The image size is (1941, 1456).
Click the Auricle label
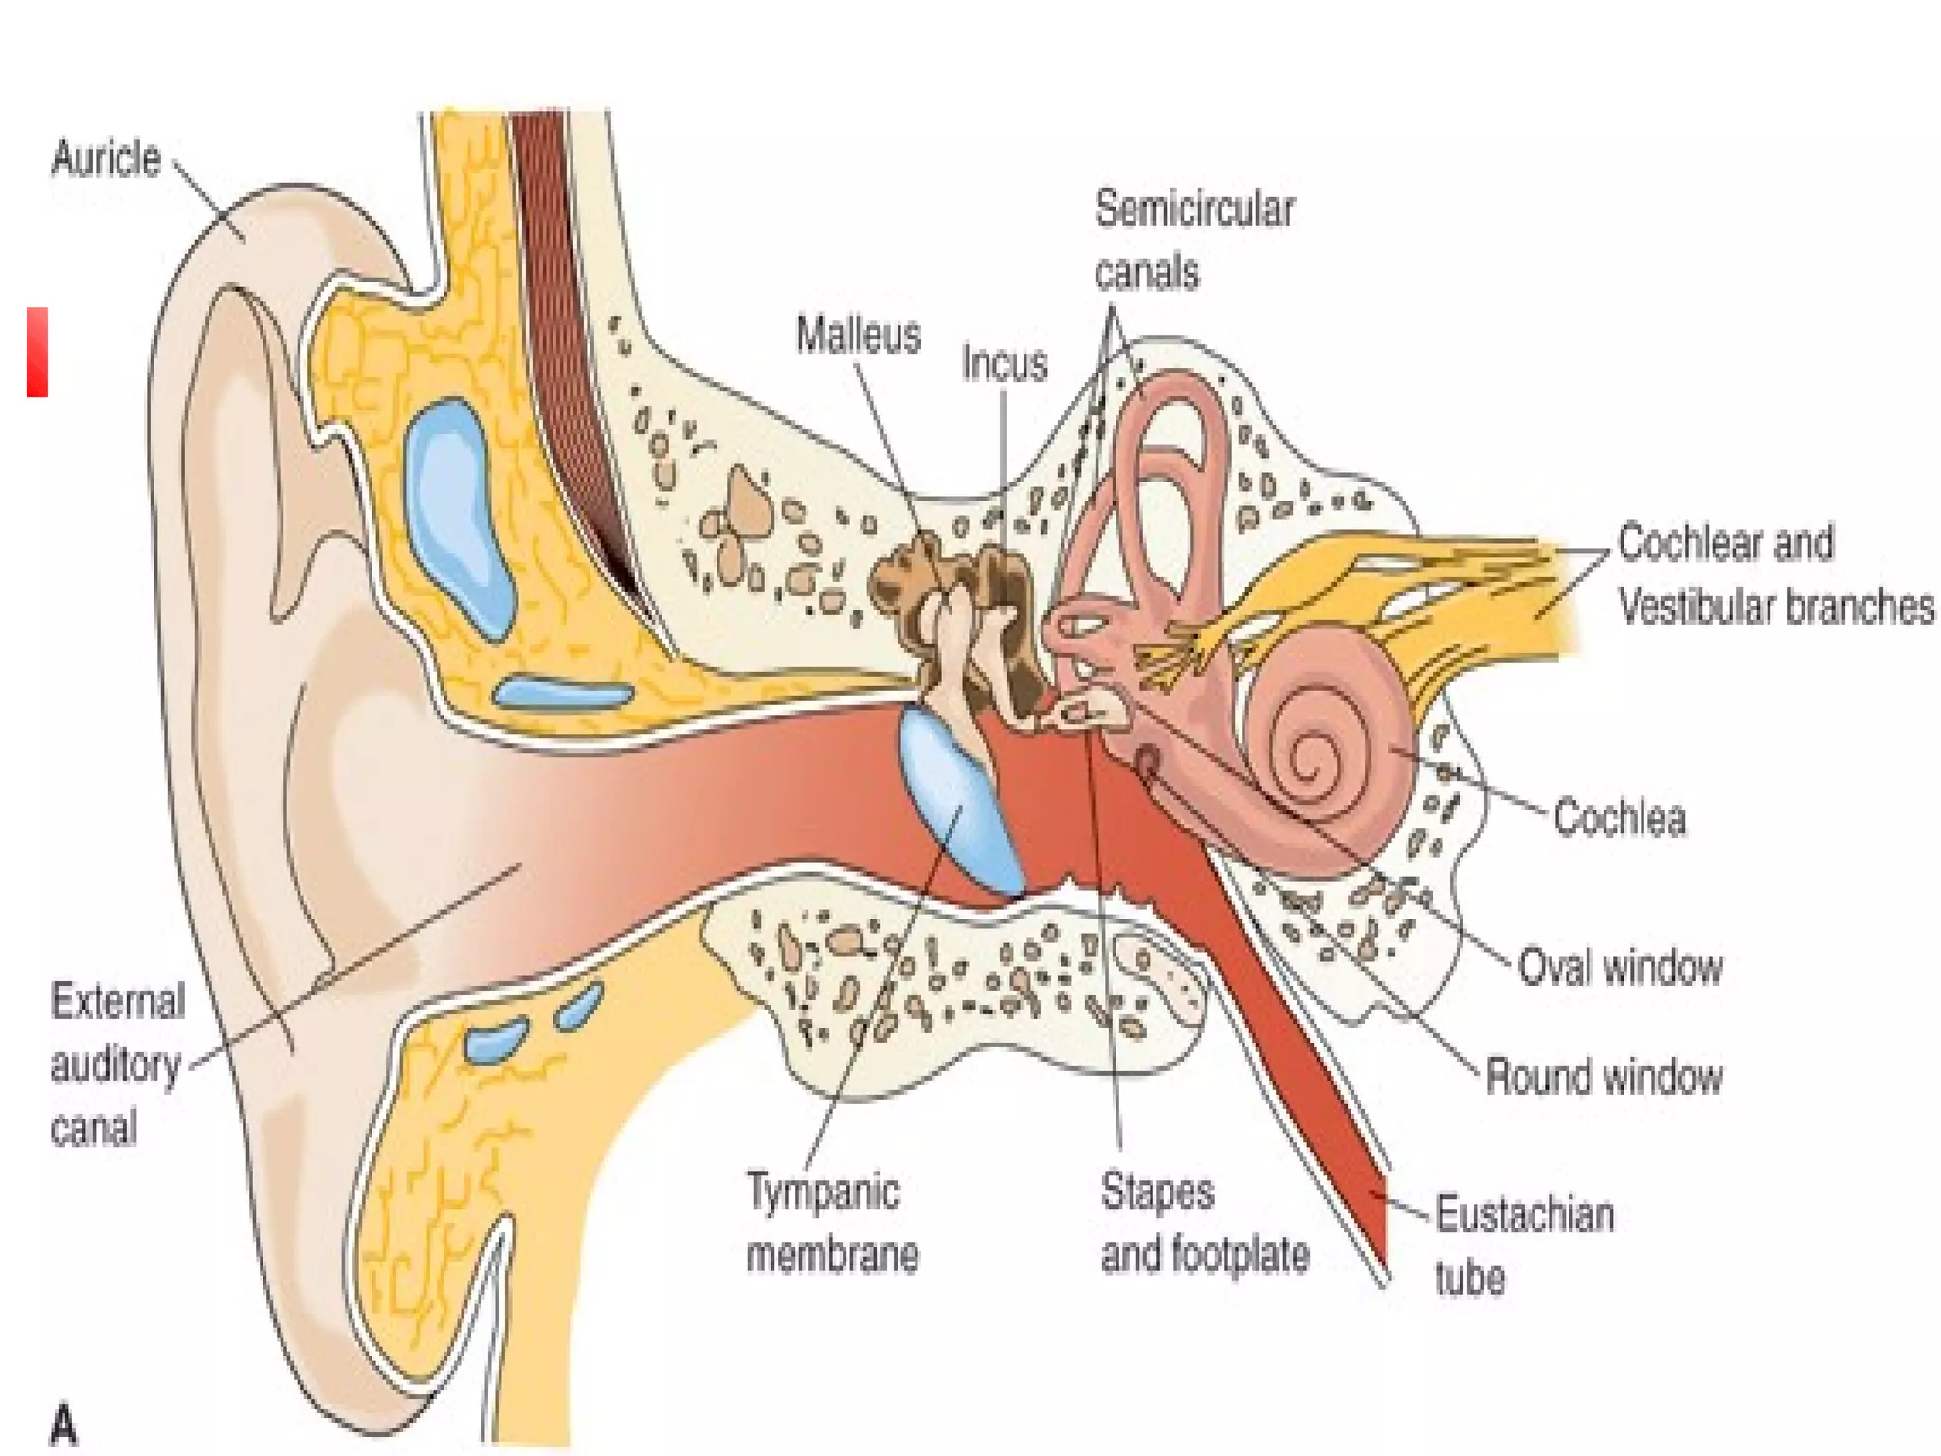[105, 158]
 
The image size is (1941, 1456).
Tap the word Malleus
[858, 336]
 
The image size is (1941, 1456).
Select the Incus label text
[1005, 364]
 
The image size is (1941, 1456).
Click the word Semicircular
[1194, 209]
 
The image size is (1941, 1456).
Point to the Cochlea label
[1620, 818]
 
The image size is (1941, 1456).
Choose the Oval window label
[1620, 968]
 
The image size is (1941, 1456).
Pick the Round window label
[1603, 1077]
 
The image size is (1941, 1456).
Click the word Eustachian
[1524, 1214]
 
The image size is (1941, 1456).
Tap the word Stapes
[1156, 1192]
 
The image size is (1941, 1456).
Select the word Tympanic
[823, 1192]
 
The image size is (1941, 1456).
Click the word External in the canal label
[118, 1002]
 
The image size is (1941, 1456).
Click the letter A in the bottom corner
[63, 1425]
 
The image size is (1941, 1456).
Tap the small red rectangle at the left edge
[37, 352]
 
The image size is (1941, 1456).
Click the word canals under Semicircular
[1146, 273]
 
